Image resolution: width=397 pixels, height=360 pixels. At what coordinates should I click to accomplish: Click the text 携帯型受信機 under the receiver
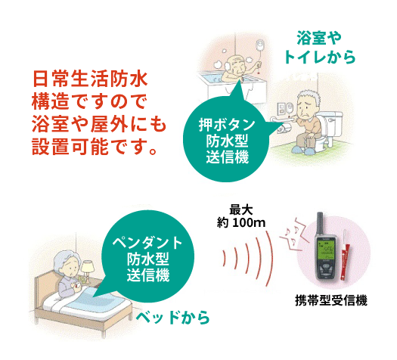point(331,301)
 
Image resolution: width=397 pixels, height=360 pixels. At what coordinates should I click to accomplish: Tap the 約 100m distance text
point(241,223)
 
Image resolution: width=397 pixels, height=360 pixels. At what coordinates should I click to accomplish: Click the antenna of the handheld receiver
point(320,224)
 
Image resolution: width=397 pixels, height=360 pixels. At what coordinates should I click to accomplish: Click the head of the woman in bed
point(68,264)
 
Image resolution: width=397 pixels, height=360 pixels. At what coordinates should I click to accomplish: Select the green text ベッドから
point(173,318)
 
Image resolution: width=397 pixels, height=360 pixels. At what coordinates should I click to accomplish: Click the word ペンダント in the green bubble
point(147,243)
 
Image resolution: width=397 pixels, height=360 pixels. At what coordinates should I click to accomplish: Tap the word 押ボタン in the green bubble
point(227,125)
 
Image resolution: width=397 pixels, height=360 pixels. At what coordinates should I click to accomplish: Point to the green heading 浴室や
point(319,39)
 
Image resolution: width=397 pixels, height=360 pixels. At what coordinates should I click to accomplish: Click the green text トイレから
point(320,57)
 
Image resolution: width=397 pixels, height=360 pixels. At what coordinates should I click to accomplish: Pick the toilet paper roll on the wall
point(283,128)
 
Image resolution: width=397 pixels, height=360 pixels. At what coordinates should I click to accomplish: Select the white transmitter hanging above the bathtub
point(259,46)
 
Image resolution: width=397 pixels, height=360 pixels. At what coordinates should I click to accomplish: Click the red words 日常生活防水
point(90,79)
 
